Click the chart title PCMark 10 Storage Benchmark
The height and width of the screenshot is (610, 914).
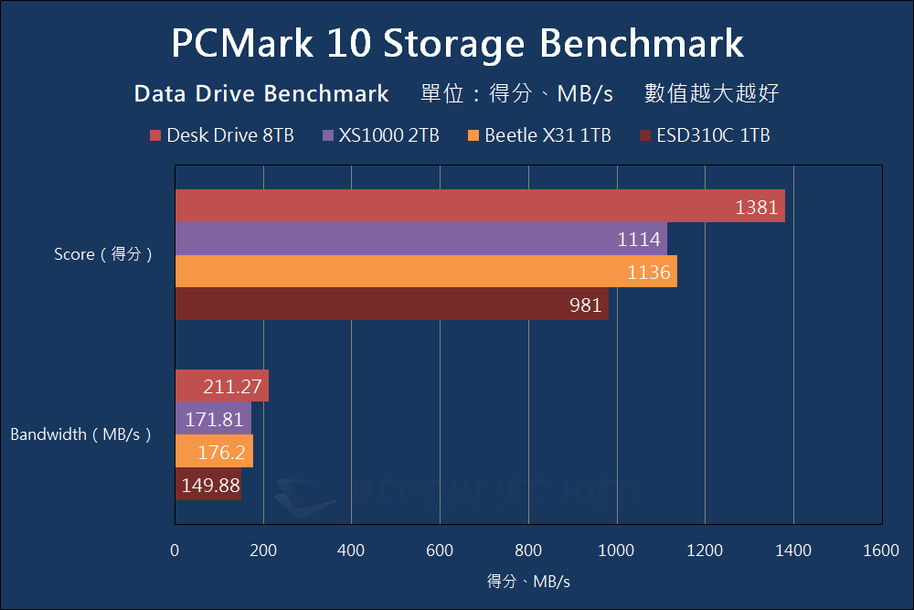pos(457,43)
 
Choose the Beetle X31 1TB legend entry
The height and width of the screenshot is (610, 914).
pos(539,135)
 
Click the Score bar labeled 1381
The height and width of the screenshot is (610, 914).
pos(479,206)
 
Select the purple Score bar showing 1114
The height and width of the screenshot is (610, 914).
pos(420,239)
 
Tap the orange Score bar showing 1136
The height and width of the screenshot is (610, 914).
pos(425,272)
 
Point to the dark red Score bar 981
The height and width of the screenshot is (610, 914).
pos(391,304)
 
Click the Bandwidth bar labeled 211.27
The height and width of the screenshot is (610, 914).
pos(221,386)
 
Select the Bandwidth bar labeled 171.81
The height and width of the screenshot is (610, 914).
pos(212,419)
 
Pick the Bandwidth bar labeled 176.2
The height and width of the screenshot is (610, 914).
pos(213,451)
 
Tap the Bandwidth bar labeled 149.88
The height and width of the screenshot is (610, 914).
pos(207,484)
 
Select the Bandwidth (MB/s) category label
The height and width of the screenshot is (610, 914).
pos(80,434)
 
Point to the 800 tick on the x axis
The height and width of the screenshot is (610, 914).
pos(527,551)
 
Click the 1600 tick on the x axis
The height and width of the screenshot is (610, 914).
pos(881,551)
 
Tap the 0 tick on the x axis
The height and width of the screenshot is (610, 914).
pos(175,551)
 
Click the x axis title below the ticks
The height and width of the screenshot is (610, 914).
pos(528,581)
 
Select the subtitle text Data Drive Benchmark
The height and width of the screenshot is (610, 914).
pos(261,93)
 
